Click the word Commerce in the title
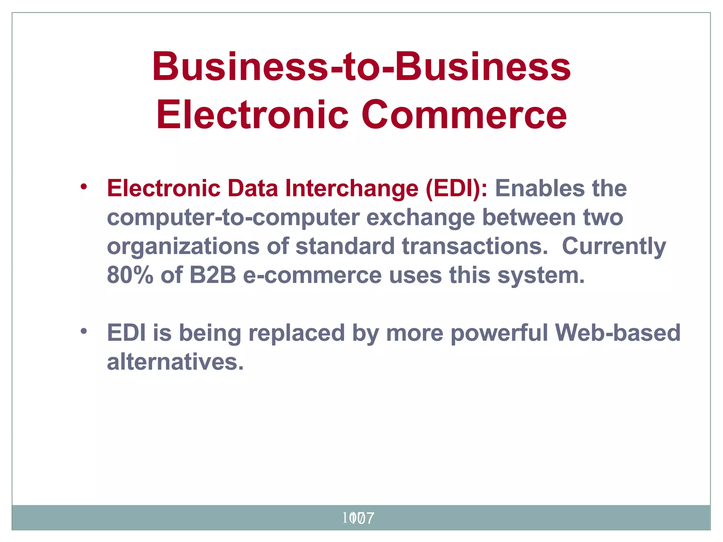pos(464,115)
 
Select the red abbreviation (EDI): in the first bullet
pos(456,189)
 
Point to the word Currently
pos(614,247)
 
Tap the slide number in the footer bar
pos(358,518)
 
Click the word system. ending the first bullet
pos(541,276)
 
